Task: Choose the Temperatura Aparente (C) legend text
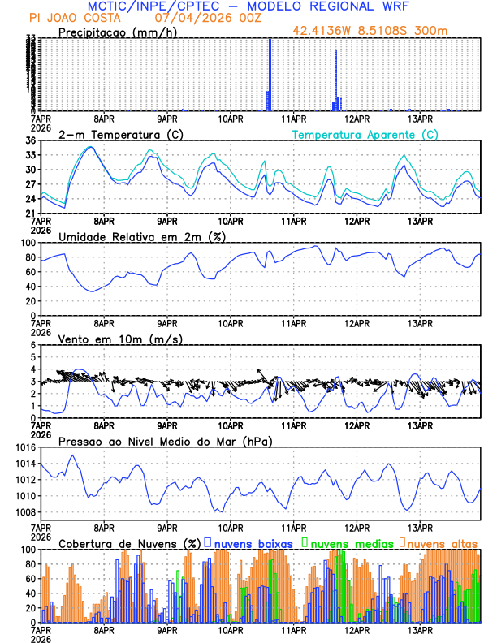(365, 134)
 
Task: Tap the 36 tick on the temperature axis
(30, 140)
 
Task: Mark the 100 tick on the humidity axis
(27, 243)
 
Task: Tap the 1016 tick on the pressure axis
(24, 447)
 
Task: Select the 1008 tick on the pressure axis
(24, 512)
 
